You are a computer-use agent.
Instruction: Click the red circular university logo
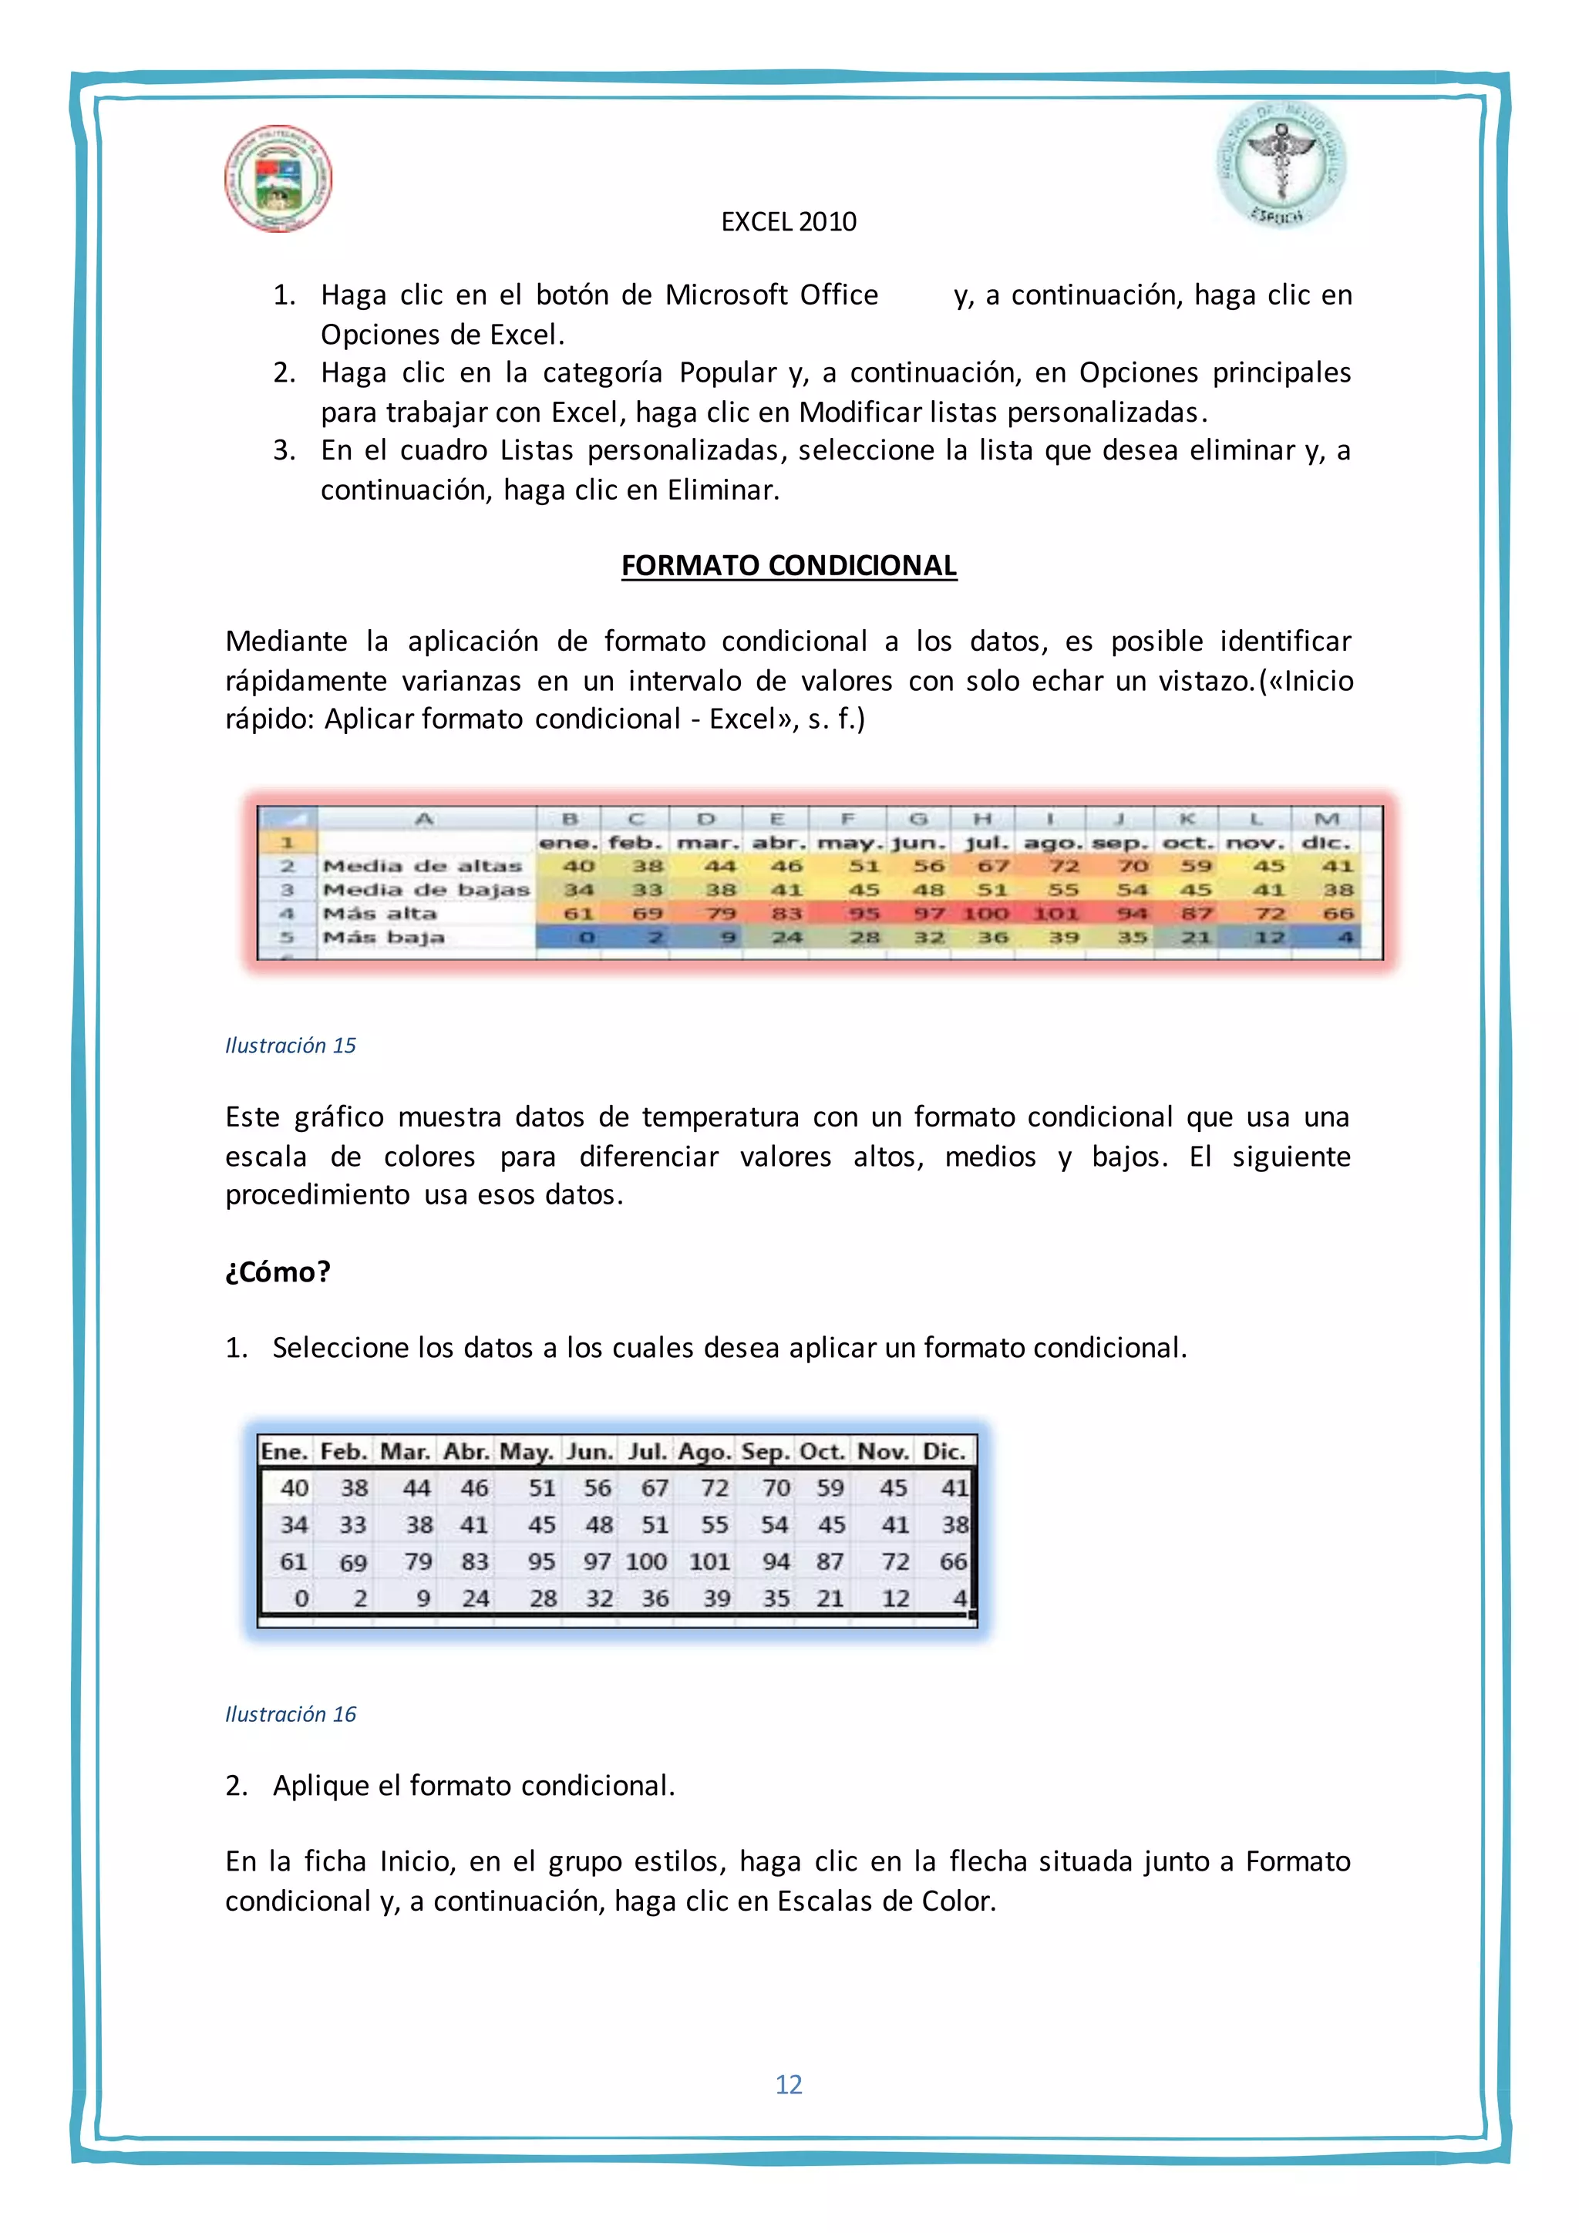tap(278, 178)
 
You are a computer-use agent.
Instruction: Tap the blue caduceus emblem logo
tap(1281, 165)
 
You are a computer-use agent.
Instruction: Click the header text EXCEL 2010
tap(789, 222)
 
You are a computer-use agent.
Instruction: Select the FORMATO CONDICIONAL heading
tap(789, 565)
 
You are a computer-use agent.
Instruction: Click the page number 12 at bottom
tap(789, 2084)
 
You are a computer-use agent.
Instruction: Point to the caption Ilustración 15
tap(290, 1046)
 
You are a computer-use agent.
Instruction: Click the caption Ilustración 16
tap(290, 1715)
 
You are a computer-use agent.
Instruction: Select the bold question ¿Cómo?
tap(278, 1271)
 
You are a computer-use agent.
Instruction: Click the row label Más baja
tap(383, 938)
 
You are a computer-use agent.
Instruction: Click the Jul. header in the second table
tap(648, 1452)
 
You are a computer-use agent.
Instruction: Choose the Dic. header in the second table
tap(943, 1452)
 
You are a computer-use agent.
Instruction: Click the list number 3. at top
tap(284, 450)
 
